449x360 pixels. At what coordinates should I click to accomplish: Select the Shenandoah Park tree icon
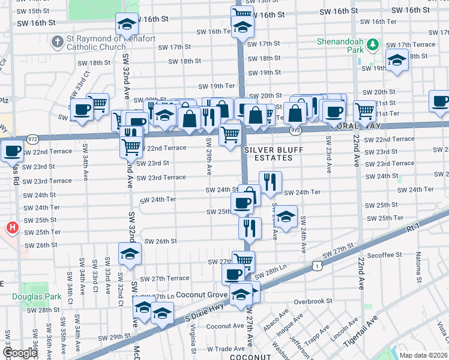pos(372,44)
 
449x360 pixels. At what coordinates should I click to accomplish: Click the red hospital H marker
pos(11,227)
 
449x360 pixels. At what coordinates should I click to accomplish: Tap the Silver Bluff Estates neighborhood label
pos(268,154)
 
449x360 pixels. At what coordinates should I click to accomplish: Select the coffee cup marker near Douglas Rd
pos(11,151)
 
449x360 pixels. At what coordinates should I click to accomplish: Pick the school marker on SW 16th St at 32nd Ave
pos(127,24)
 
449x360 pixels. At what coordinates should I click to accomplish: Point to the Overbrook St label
pos(313,301)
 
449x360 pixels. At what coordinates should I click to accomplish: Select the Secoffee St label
pos(384,255)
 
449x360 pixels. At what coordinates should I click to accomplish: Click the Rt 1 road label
pos(412,228)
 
